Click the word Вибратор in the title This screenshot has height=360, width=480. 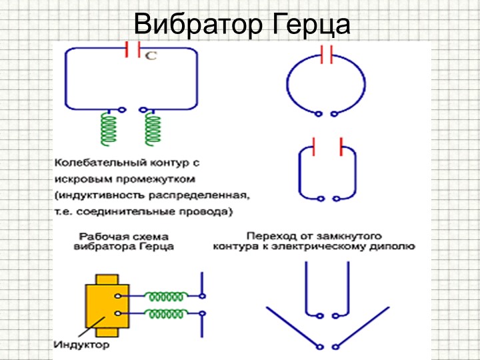[x=198, y=25]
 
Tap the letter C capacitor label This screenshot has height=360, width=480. [x=151, y=56]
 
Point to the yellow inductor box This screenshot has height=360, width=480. [x=107, y=305]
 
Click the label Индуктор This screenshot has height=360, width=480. [x=82, y=345]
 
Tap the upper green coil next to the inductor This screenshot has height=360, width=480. [x=165, y=296]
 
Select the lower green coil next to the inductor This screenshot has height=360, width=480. [x=165, y=313]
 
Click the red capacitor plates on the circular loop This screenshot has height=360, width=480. [x=327, y=55]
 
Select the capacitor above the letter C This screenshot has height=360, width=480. [x=133, y=49]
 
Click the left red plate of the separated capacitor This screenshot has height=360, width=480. [x=314, y=147]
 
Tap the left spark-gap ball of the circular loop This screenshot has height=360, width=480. [x=319, y=114]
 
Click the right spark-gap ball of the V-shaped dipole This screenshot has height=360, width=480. [x=336, y=347]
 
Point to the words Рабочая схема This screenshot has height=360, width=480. [x=124, y=237]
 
